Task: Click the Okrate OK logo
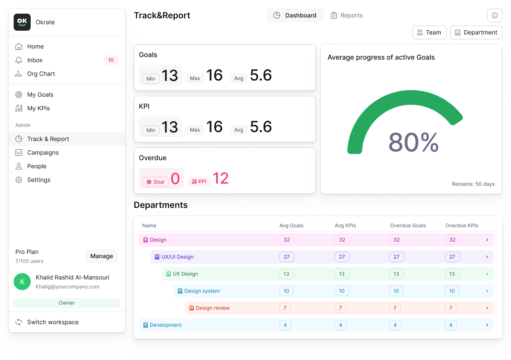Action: (22, 22)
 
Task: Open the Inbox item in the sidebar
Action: (35, 60)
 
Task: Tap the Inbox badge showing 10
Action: (111, 60)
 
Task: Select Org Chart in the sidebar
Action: (41, 74)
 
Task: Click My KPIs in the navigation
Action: (38, 108)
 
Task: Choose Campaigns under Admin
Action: (43, 153)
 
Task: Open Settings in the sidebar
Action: (39, 180)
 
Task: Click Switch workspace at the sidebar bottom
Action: (53, 322)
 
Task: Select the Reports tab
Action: (347, 15)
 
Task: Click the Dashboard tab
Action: (295, 15)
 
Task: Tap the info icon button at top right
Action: (494, 15)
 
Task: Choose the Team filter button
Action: (429, 32)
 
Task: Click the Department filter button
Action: (476, 32)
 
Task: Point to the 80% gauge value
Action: (413, 143)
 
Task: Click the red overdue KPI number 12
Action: (221, 179)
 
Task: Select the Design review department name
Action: (212, 308)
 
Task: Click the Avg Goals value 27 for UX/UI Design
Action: (287, 257)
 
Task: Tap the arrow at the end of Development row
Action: (487, 325)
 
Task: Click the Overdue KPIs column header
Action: (462, 225)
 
